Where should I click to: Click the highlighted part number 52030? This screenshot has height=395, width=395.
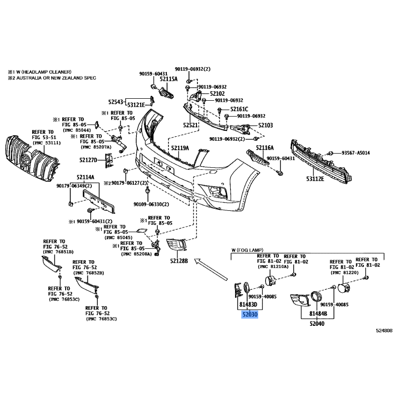click(x=250, y=315)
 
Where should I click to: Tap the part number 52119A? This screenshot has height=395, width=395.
click(x=180, y=148)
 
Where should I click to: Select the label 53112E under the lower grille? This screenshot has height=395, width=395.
click(x=315, y=179)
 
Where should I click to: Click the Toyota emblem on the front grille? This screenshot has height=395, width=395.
click(x=25, y=159)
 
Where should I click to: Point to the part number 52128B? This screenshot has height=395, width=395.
click(x=179, y=261)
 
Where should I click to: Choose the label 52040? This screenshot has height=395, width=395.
click(x=317, y=323)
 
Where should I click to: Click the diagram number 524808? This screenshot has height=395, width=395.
click(x=384, y=331)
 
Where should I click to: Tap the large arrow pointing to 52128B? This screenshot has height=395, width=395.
click(x=211, y=269)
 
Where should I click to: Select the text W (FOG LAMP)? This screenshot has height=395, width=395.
click(x=247, y=250)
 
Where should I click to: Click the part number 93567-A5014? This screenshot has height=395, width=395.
click(x=355, y=153)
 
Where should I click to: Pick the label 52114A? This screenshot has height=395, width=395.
click(x=85, y=177)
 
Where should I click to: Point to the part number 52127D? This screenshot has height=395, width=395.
click(x=88, y=160)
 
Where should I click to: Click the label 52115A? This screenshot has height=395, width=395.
click(x=168, y=79)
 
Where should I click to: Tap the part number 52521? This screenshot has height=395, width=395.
click(x=191, y=125)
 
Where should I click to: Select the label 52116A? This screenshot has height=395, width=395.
click(x=265, y=148)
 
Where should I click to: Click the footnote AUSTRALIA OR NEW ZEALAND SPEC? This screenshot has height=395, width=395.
click(x=56, y=78)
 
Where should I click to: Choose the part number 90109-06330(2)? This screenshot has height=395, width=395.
click(x=152, y=204)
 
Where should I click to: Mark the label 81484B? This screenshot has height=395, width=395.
click(x=318, y=314)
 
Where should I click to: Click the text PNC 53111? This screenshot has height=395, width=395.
click(x=46, y=143)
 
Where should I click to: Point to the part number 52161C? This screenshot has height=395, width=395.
click(x=239, y=109)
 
